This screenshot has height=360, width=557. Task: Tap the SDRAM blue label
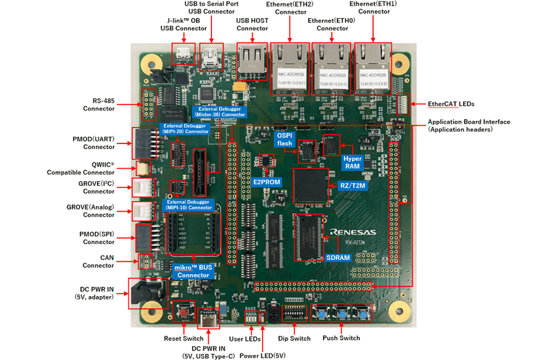click(338, 257)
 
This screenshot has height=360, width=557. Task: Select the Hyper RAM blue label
click(353, 162)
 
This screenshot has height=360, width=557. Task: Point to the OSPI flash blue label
click(285, 139)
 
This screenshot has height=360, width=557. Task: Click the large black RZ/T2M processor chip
click(311, 185)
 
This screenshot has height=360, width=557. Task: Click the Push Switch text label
click(341, 338)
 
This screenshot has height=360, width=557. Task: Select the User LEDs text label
click(243, 338)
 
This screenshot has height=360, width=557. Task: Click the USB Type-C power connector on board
click(209, 318)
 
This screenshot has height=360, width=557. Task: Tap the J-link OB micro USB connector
click(182, 53)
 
